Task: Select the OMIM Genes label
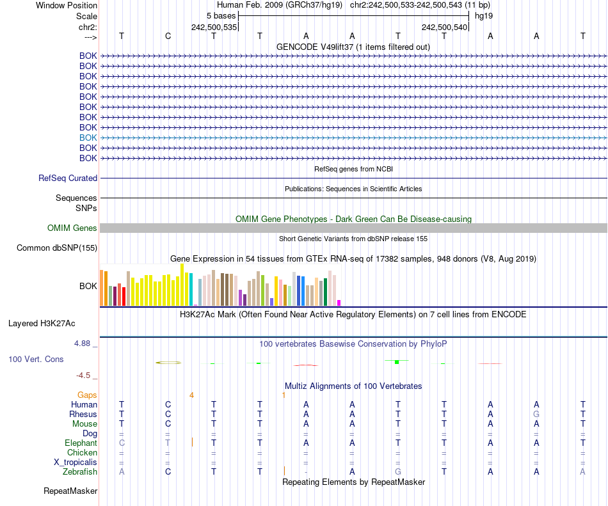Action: point(72,228)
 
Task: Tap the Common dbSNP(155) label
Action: point(57,248)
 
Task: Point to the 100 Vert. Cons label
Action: point(36,360)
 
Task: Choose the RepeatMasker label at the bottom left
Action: point(70,491)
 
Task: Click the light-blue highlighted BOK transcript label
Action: point(88,138)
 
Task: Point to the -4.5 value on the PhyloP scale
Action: point(86,376)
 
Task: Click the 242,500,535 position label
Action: point(214,28)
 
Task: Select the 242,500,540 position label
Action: point(444,28)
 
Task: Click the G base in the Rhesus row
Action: point(536,415)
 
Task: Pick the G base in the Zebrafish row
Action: point(398,471)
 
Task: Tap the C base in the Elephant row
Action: point(122,443)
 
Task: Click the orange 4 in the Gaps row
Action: point(191,395)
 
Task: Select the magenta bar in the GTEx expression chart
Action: point(339,303)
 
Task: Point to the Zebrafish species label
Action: point(80,471)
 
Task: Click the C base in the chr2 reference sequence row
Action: point(168,36)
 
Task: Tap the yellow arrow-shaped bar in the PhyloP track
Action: point(169,363)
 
